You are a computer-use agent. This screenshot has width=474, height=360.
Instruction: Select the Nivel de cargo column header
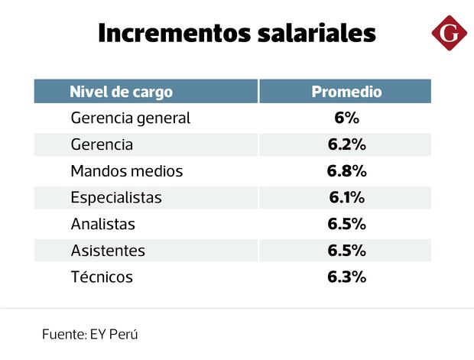121,92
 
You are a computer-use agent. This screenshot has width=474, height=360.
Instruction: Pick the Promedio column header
346,92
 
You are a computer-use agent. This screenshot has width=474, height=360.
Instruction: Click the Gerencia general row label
130,118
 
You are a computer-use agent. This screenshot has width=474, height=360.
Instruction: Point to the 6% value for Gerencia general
346,118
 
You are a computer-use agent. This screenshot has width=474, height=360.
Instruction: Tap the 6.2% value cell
346,144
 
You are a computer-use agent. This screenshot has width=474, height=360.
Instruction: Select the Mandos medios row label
127,171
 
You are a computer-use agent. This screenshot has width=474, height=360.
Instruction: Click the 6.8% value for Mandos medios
346,171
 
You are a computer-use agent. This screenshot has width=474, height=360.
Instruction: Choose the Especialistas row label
116,198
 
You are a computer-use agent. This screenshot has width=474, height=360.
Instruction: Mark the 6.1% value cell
346,198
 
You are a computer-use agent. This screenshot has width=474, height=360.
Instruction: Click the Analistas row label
102,225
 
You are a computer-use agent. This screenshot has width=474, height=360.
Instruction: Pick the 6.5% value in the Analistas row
346,225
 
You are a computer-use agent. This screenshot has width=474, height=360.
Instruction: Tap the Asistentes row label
108,251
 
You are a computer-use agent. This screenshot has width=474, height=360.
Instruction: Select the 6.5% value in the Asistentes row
346,251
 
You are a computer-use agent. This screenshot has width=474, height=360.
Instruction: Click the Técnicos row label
102,277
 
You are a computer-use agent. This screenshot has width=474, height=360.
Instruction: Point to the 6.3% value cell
346,277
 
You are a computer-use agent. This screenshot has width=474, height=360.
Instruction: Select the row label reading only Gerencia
102,144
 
